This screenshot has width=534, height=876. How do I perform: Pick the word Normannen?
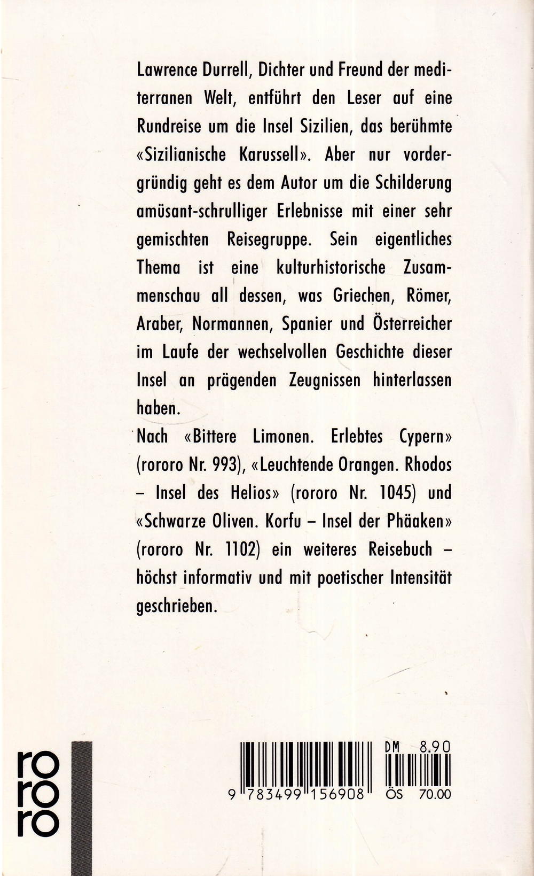[x=237, y=323]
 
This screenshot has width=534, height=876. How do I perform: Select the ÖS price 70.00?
[x=435, y=795]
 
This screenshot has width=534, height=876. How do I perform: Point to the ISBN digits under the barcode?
[x=303, y=795]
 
